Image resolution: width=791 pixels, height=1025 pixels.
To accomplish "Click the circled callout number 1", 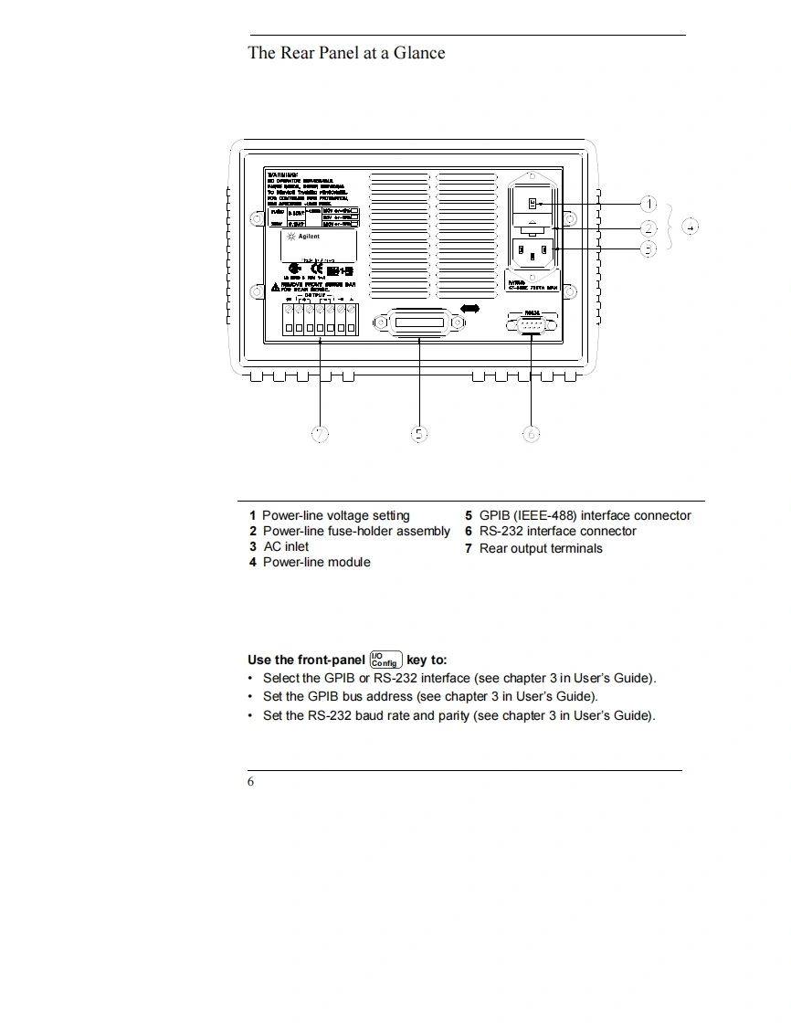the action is coord(648,204).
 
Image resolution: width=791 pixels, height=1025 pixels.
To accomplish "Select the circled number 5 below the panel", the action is coord(418,434).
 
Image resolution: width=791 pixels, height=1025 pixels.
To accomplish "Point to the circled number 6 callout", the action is coord(532,434).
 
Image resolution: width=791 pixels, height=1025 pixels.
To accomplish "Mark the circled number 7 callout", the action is coord(320,434).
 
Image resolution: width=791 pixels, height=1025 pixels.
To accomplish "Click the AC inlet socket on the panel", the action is coord(532,251).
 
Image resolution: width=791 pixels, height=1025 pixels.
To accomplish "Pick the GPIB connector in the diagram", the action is coord(418,323).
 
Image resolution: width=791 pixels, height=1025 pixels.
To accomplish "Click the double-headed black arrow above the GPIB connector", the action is coord(470,310).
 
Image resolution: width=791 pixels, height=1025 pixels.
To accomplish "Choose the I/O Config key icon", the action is coord(385,660).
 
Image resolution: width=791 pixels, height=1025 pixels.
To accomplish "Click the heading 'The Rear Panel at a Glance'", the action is coord(346,53).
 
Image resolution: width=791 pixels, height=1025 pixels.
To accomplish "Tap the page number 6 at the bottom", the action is coord(251,782).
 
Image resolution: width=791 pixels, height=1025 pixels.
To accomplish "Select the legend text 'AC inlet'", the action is coord(286,547).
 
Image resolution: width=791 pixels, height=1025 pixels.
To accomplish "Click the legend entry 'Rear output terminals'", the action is coord(541,549).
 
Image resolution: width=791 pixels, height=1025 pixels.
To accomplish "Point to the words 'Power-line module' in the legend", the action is coord(316,563).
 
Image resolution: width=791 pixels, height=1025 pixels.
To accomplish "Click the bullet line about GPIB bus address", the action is coord(429,696).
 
